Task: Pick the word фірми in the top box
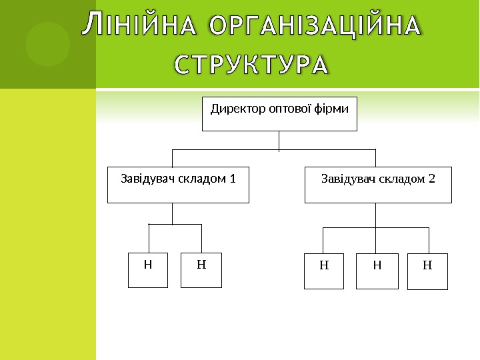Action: pos(333,108)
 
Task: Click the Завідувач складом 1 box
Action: pos(179,185)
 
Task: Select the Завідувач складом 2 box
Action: pos(378,185)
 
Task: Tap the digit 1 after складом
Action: pos(233,179)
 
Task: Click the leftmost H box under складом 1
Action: pos(148,269)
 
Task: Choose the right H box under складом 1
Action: pos(201,269)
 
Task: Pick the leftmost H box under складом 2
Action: pos(324,271)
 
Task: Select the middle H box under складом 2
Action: pos(377,271)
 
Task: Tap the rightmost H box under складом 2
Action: pos(427,271)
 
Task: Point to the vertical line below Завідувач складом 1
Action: pos(173,213)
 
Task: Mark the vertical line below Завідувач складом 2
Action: pos(376,215)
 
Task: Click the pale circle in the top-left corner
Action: pos(48,44)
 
